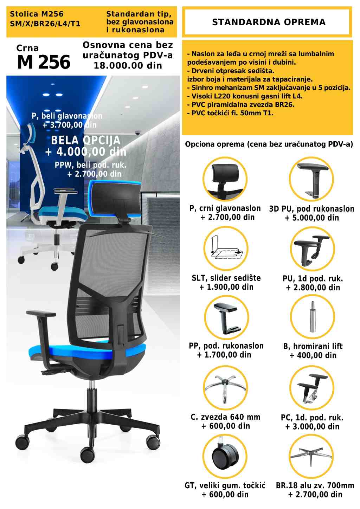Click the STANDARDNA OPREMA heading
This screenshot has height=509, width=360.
click(x=269, y=22)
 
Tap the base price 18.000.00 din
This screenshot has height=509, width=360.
click(x=128, y=65)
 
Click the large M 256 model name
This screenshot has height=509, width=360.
click(x=44, y=62)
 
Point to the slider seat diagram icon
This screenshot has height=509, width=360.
click(x=226, y=249)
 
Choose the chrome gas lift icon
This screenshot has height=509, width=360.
click(x=313, y=316)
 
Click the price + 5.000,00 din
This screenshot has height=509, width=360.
click(x=312, y=218)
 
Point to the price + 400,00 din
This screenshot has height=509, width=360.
click(x=313, y=355)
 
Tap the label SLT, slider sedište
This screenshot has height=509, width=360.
click(x=226, y=278)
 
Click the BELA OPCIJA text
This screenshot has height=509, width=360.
click(x=86, y=140)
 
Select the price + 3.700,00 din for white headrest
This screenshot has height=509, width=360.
click(x=70, y=125)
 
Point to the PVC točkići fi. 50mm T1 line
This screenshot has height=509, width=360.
click(x=230, y=113)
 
